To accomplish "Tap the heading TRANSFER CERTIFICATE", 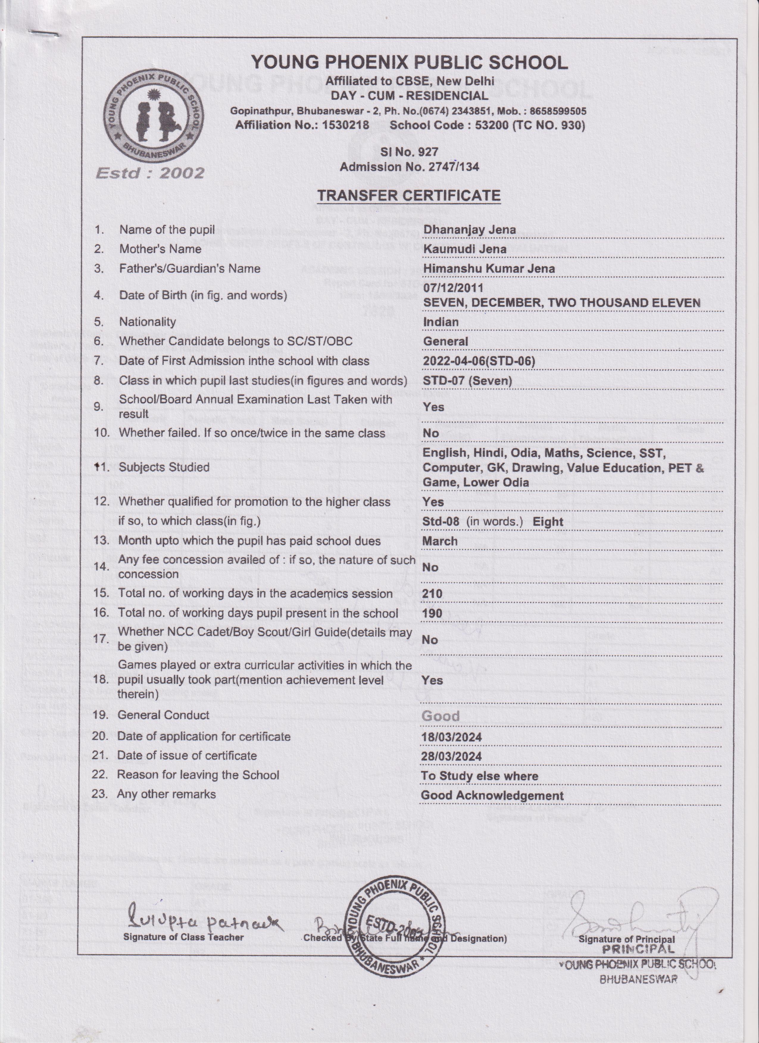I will (409, 195).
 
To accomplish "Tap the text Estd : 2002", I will (150, 173).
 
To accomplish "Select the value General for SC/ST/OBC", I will (445, 341).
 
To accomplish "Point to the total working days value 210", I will (432, 593).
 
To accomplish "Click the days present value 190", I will (432, 613).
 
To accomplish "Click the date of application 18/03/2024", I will (452, 737).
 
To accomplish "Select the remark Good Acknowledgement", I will (492, 795).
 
